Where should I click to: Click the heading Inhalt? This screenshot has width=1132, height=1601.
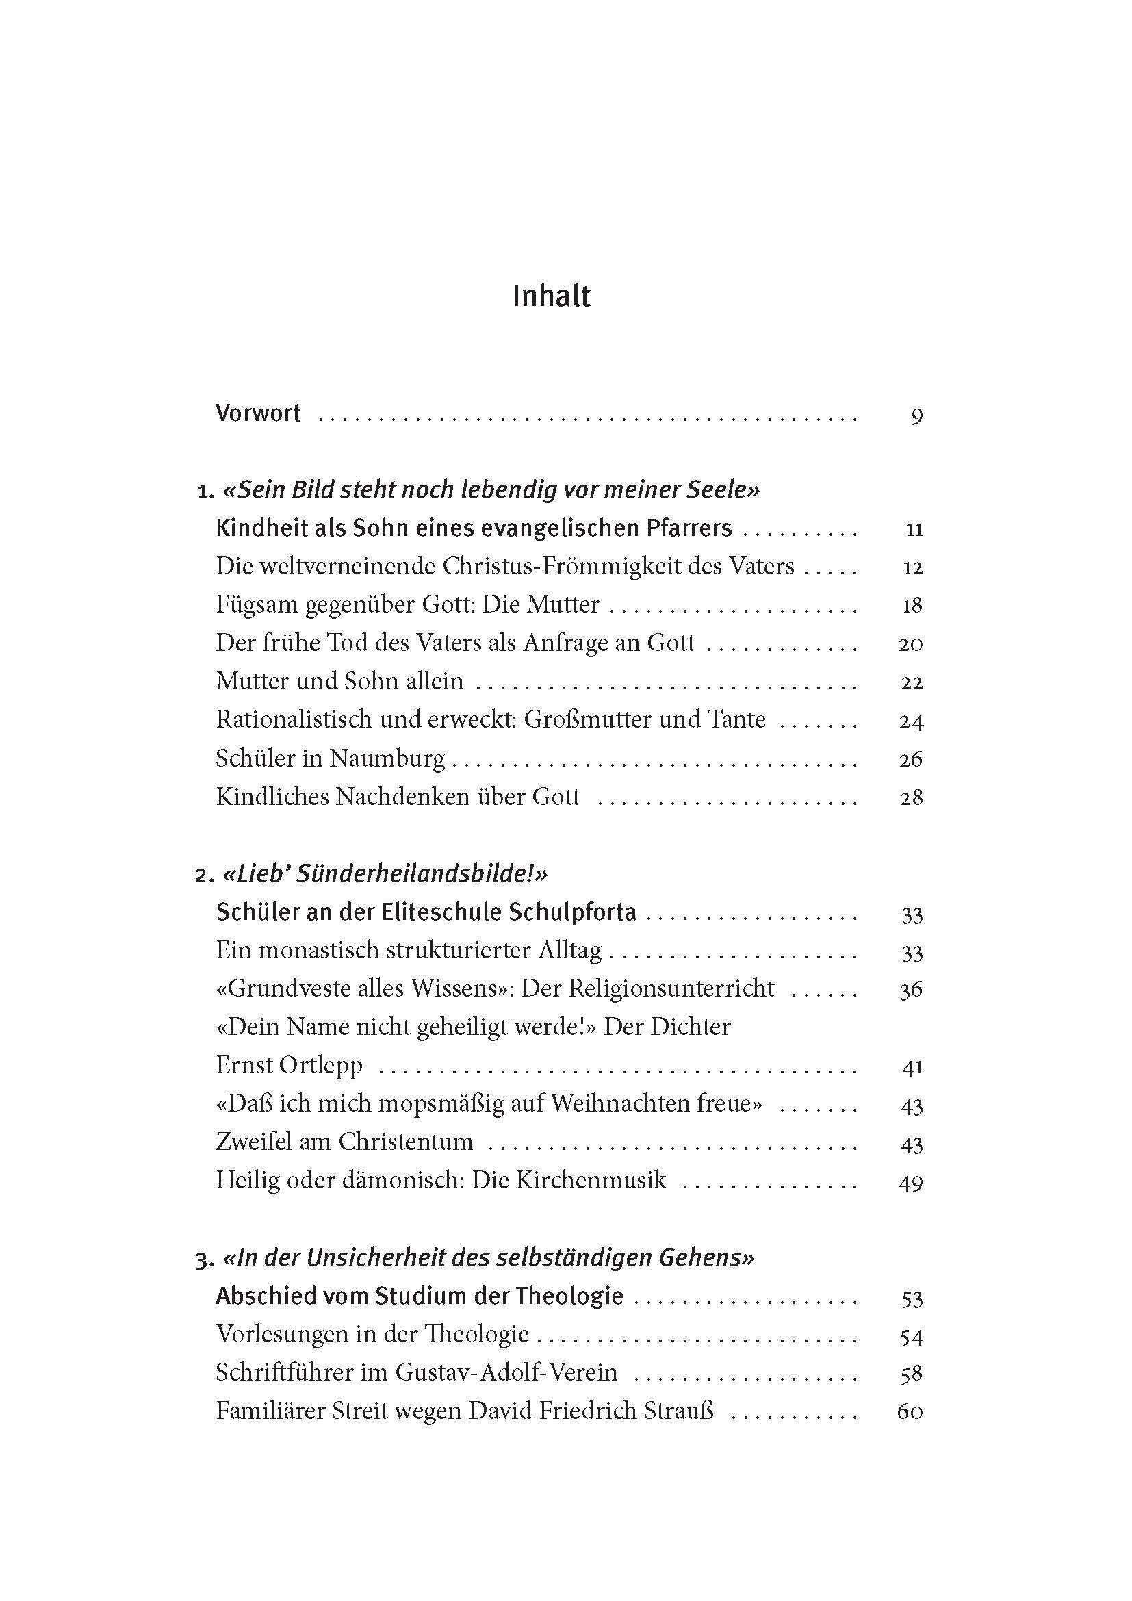coord(551,296)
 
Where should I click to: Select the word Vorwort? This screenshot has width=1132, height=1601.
coord(258,413)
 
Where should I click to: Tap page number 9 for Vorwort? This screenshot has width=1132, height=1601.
coord(916,416)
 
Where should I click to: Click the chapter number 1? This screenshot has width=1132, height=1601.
coord(204,491)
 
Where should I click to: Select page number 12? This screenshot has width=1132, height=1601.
coord(912,567)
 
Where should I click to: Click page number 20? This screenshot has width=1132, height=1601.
coord(910,643)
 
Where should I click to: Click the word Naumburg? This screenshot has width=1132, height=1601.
coord(387,758)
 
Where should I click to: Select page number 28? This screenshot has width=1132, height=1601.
coord(911,797)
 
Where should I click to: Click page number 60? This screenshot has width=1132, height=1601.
coord(910,1411)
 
